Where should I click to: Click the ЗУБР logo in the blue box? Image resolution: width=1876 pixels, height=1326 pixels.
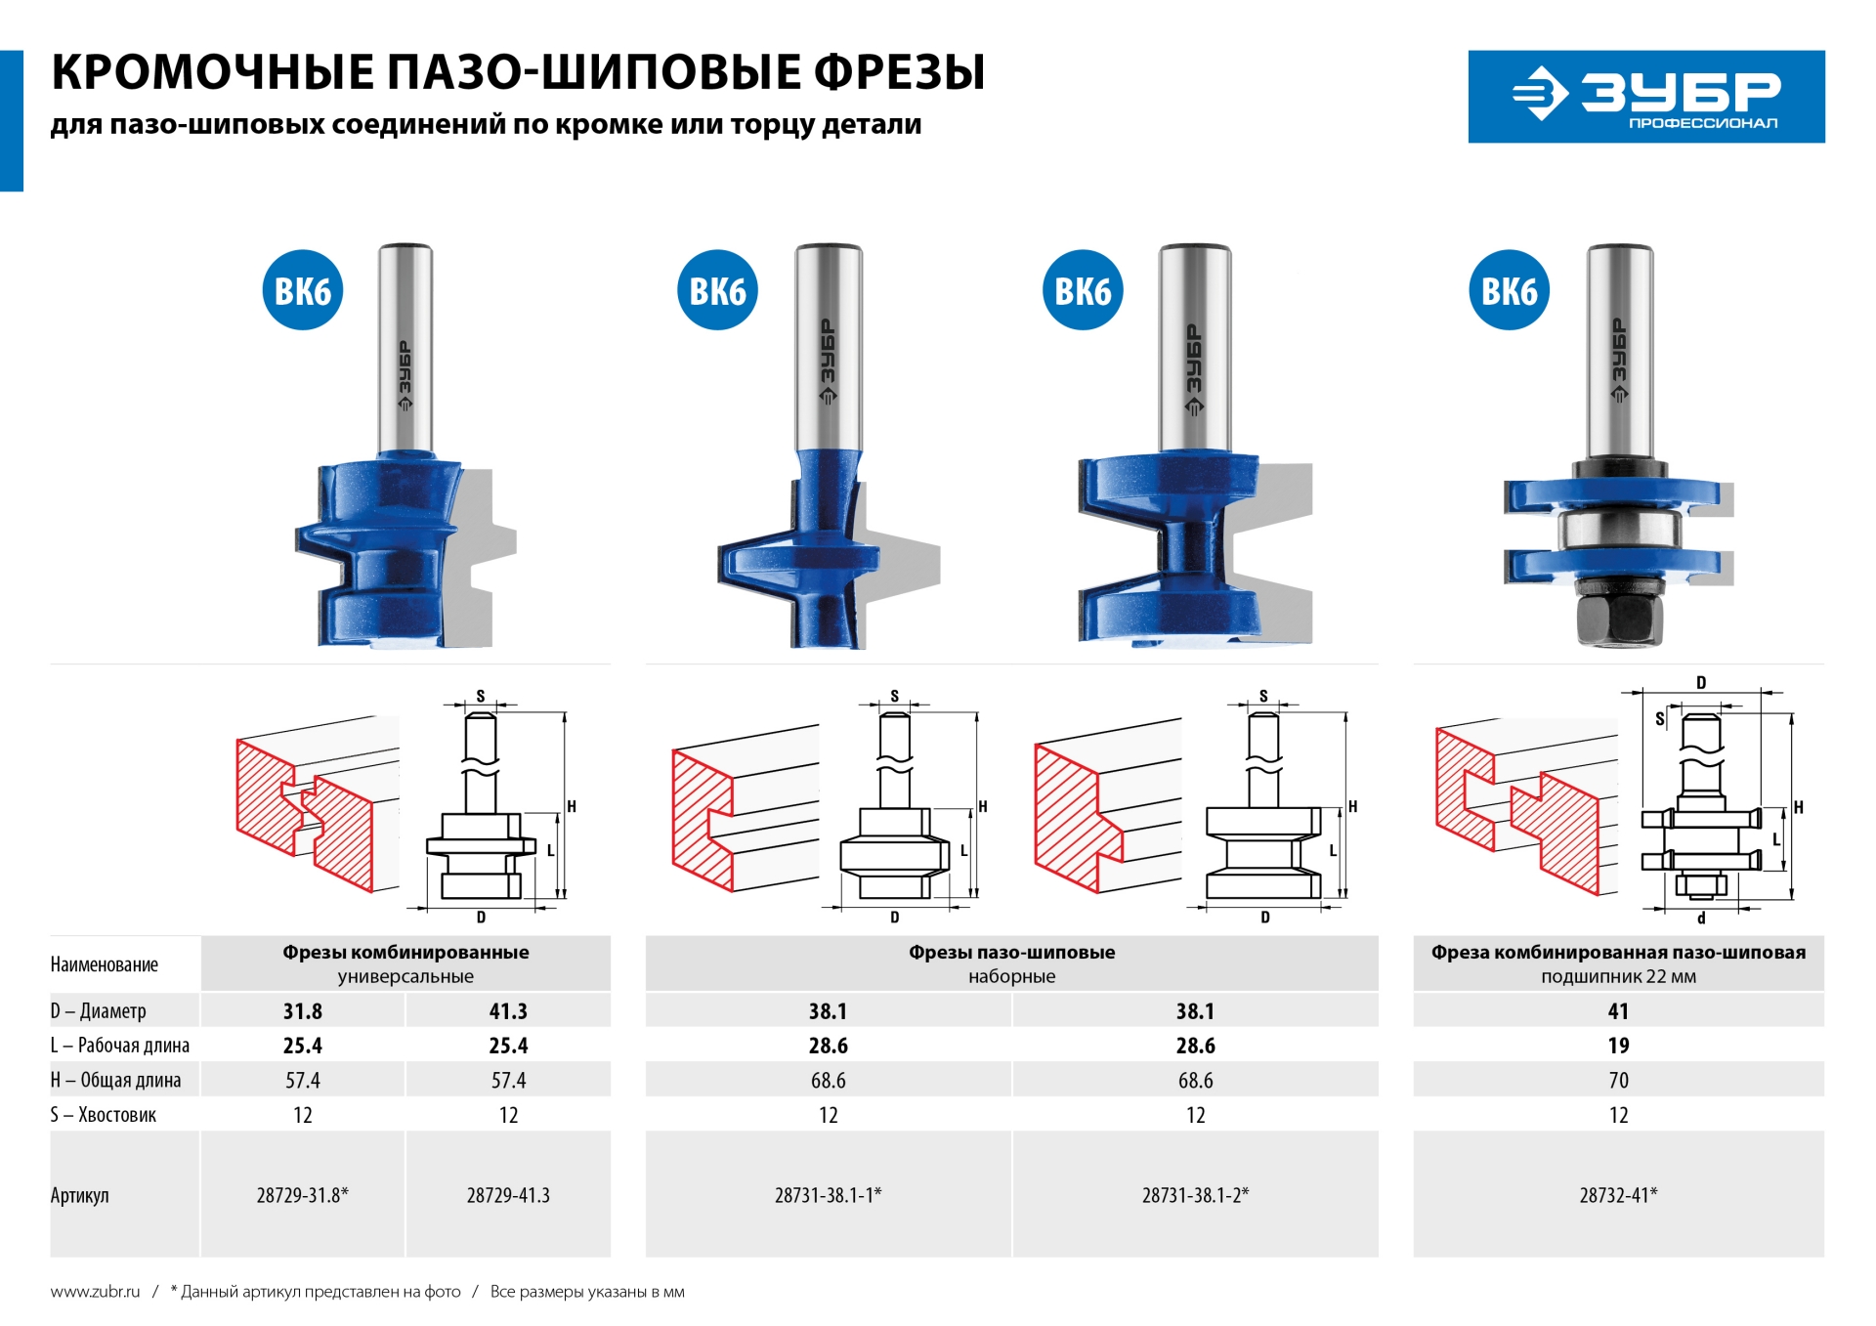(x=1646, y=97)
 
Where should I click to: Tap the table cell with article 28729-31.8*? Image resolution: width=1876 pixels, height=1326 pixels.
(x=303, y=1195)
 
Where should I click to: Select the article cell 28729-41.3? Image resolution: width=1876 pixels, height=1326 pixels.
(x=508, y=1195)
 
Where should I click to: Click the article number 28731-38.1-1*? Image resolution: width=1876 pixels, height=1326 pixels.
(x=828, y=1195)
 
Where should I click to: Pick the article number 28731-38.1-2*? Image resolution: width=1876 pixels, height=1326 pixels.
(x=1195, y=1195)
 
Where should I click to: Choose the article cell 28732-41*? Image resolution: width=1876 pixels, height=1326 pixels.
(x=1618, y=1195)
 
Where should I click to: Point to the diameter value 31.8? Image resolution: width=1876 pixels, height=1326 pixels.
(x=303, y=1011)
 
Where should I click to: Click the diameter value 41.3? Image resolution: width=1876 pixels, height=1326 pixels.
(x=508, y=1011)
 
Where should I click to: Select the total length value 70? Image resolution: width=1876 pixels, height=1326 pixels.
(x=1618, y=1081)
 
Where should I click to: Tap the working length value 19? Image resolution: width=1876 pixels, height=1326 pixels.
(x=1618, y=1046)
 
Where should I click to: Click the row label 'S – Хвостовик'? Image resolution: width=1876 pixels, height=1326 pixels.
(x=104, y=1115)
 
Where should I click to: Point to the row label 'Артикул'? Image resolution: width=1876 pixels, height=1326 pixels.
(x=80, y=1195)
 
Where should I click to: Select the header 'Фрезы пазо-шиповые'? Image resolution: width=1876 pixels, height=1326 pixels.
(x=1011, y=953)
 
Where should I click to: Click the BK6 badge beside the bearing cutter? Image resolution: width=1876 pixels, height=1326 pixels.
(x=1509, y=290)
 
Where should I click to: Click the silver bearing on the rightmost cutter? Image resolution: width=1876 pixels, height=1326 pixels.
(x=1619, y=533)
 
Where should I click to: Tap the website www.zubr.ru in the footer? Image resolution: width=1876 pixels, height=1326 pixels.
(x=95, y=1292)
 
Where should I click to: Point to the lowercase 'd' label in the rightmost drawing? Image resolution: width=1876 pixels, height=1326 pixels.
(x=1701, y=919)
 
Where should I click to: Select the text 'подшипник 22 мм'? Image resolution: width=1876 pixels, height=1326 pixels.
(x=1618, y=976)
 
